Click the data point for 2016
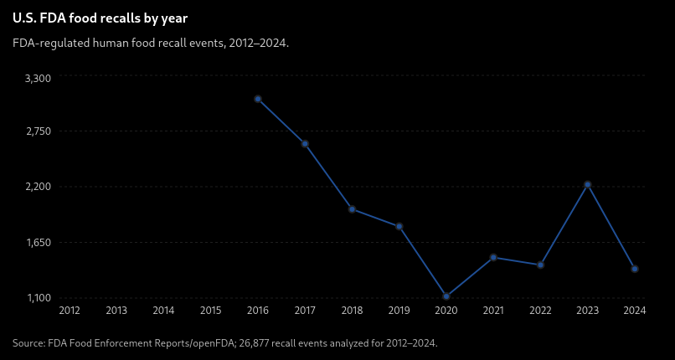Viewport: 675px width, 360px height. [x=258, y=99]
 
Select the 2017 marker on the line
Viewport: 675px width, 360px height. [x=305, y=144]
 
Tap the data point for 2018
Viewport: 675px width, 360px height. [x=352, y=209]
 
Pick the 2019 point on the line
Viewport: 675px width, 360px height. [x=399, y=226]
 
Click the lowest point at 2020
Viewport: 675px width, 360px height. [x=446, y=296]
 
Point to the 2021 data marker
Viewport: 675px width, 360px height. [x=493, y=257]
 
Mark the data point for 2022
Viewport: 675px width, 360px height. [x=541, y=265]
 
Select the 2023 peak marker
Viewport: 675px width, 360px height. [x=588, y=184]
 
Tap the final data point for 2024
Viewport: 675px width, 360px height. [x=635, y=269]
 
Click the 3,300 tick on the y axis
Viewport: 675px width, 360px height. [x=39, y=79]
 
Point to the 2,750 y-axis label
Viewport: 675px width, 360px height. [x=39, y=131]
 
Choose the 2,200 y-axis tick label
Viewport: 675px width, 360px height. [x=39, y=187]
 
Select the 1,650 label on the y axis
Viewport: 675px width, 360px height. [x=39, y=243]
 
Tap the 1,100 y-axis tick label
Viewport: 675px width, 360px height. [x=39, y=298]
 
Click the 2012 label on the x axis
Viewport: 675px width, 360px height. [x=70, y=311]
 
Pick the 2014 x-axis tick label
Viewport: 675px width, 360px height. [x=163, y=311]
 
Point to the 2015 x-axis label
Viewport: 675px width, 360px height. [x=210, y=311]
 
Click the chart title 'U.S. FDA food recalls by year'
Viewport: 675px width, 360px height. [x=100, y=19]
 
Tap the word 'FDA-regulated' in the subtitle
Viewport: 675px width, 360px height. [x=41, y=44]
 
